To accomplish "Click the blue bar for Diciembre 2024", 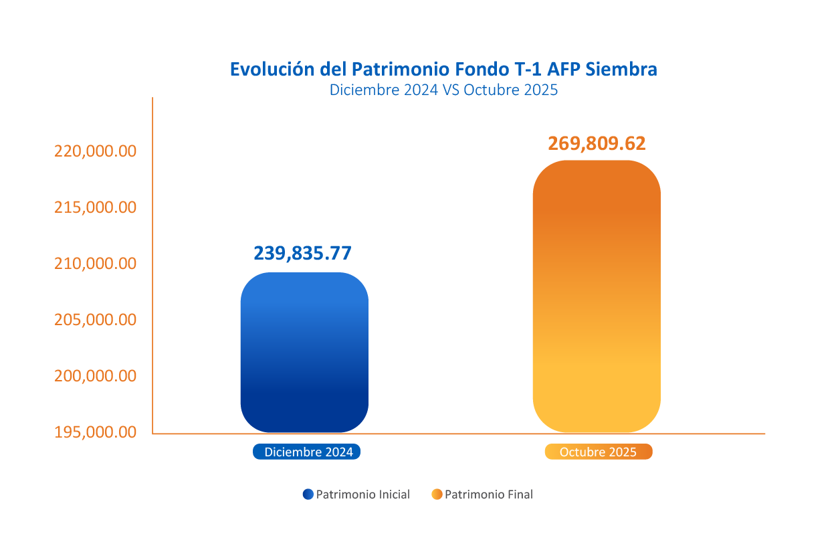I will click(304, 353).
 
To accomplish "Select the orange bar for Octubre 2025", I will click(597, 296).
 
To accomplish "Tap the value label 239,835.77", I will click(302, 253).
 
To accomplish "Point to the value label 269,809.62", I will click(597, 144).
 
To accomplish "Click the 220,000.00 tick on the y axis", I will click(95, 151).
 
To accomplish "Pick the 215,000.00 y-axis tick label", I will click(95, 207).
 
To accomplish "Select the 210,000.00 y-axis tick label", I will click(95, 264).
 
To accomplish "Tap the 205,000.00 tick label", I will click(95, 320).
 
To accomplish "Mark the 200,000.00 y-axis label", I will click(95, 376).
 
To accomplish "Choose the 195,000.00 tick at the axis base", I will click(95, 432).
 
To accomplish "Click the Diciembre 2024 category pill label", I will click(307, 452).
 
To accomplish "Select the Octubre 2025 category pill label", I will click(599, 452).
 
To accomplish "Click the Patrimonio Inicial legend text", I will click(362, 495).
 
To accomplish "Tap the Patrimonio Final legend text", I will click(489, 495).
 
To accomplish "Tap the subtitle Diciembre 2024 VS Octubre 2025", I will click(443, 90).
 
